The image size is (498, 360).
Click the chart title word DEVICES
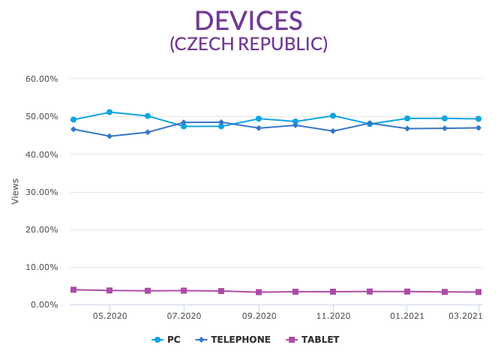pos(248,20)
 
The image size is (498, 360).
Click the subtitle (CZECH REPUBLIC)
pos(248,43)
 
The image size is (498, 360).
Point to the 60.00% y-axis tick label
pos(42,79)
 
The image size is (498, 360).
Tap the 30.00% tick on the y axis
pos(42,192)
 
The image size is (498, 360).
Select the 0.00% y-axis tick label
pos(44,304)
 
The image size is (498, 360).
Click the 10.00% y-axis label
pos(42,267)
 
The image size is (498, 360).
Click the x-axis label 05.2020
pos(110,316)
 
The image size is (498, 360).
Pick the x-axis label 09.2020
pos(259,316)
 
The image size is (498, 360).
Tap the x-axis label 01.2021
pos(407,316)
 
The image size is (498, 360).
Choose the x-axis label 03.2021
pos(465,316)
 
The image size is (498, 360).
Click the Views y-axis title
pos(15,191)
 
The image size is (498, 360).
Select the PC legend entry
pos(166,340)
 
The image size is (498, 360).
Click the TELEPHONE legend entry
pos(233,340)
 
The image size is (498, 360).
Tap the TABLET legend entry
pos(313,340)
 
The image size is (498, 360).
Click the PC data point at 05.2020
pos(110,112)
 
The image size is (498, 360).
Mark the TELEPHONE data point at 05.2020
pos(110,136)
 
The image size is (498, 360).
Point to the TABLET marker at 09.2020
pos(259,292)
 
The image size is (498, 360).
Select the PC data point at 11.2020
pos(333,116)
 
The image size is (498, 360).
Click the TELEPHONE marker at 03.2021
pos(478,127)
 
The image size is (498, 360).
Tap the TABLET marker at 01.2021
pos(407,292)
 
